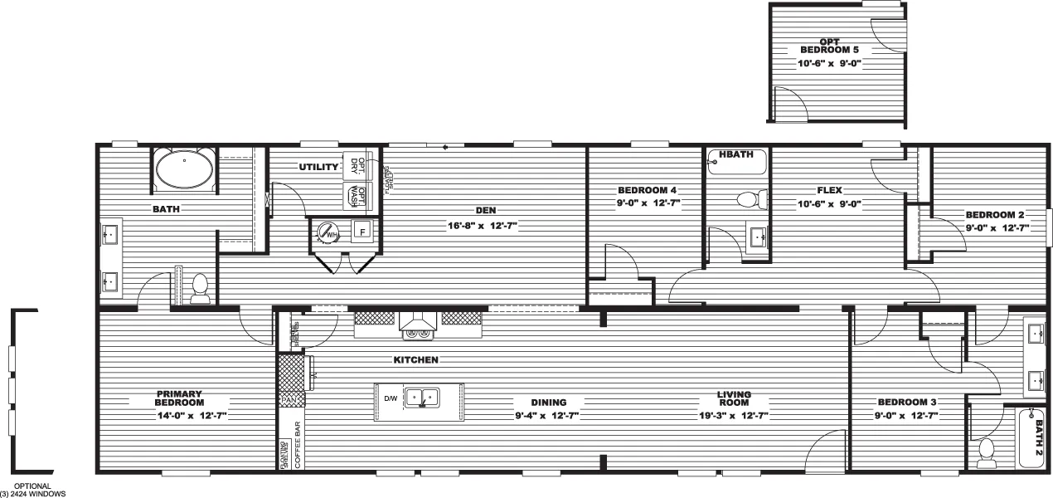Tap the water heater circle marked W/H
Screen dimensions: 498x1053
pos(329,233)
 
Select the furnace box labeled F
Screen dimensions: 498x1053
pos(362,232)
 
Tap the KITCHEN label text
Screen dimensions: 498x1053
pos(415,360)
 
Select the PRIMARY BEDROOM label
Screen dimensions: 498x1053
pos(178,398)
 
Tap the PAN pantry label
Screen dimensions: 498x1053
pos(289,401)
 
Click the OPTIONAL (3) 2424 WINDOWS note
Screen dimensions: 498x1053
pos(32,490)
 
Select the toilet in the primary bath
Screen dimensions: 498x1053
pos(199,287)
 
